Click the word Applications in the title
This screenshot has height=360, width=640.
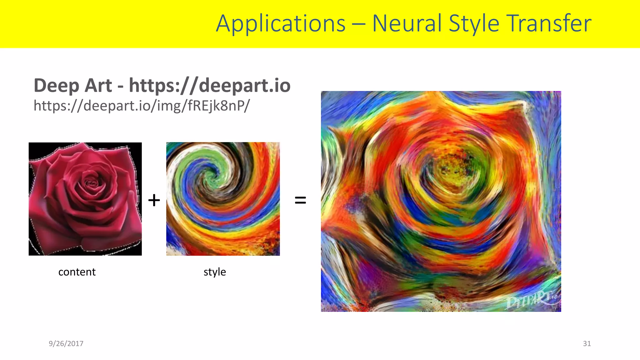tap(281, 24)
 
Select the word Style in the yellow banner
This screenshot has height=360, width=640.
tap(474, 24)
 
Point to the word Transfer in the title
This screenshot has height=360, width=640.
tap(549, 24)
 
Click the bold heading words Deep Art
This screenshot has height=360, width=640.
tap(72, 86)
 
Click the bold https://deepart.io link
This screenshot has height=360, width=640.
tap(210, 86)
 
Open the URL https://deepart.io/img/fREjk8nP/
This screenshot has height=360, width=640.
tap(142, 106)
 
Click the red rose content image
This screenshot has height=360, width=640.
tap(85, 199)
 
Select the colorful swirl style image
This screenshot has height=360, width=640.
tap(223, 199)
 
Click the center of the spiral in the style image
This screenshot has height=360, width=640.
tap(210, 175)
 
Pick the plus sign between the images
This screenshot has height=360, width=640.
tap(154, 200)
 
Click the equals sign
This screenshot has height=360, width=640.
tap(300, 200)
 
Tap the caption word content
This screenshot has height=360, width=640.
tap(77, 272)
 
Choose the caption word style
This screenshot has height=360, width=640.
tap(215, 272)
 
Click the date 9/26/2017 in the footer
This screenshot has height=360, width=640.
tap(66, 344)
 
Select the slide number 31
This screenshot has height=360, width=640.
tap(587, 344)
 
